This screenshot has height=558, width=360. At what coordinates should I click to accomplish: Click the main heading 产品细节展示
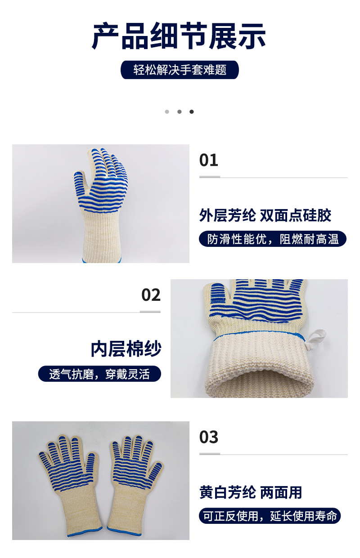tap(179, 36)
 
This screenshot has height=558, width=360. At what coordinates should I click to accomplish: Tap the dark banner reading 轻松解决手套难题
tap(180, 70)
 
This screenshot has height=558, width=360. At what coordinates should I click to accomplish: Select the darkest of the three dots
tap(191, 112)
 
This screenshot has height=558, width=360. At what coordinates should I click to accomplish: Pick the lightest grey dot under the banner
tap(167, 112)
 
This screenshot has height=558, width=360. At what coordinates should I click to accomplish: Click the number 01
tap(209, 160)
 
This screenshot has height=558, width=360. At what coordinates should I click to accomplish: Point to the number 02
tap(151, 295)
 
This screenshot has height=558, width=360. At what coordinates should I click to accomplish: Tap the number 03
tap(209, 437)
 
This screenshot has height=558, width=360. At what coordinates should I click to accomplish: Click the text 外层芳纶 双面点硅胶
tap(265, 215)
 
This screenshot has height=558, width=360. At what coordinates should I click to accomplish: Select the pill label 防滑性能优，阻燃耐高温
tap(273, 239)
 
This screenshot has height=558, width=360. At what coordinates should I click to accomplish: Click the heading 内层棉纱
tap(126, 349)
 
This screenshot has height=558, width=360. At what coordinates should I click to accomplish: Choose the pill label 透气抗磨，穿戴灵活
tap(99, 374)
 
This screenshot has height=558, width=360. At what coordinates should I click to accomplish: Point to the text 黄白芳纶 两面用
tap(251, 492)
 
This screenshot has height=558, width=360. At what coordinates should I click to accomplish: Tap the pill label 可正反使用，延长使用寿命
tap(270, 516)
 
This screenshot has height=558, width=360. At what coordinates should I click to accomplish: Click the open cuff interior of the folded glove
tap(259, 384)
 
